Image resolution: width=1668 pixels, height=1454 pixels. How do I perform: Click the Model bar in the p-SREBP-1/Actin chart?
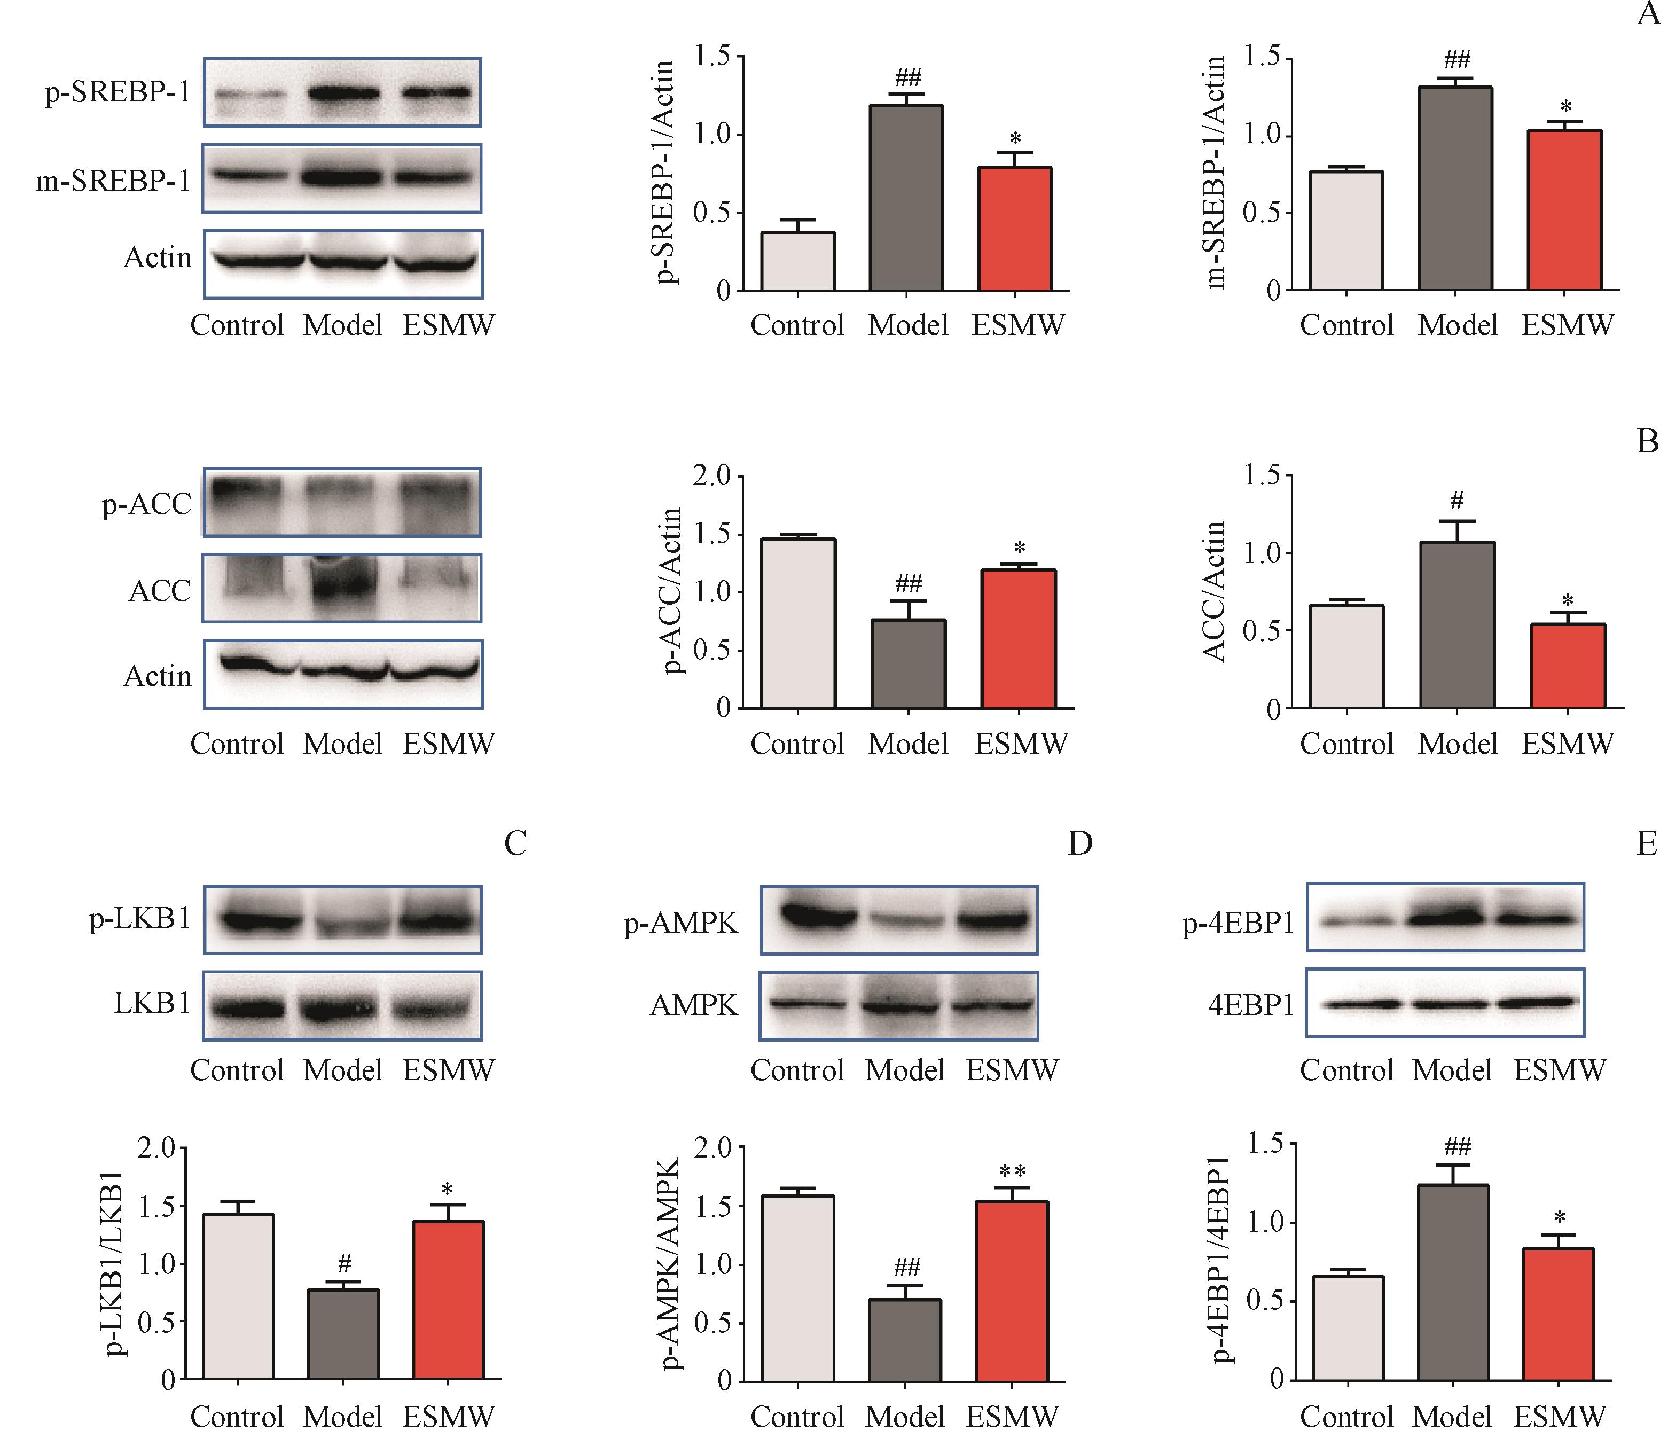pos(906,198)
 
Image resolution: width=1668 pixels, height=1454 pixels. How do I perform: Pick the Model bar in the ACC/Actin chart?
pos(1456,625)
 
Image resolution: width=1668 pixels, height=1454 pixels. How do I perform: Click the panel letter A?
pos(1648,14)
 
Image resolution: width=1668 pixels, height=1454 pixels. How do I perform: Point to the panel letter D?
pos(1080,844)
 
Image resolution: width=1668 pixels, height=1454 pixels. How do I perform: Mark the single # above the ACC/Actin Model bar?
pos(1457,500)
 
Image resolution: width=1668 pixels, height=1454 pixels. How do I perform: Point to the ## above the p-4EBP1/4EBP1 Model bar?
pos(1457,1146)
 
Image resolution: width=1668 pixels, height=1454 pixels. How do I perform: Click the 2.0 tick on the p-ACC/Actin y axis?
pos(711,475)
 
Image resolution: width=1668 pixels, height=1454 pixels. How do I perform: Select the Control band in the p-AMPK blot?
pos(818,917)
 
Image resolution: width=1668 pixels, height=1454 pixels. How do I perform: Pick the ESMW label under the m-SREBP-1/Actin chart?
pos(1567,325)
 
